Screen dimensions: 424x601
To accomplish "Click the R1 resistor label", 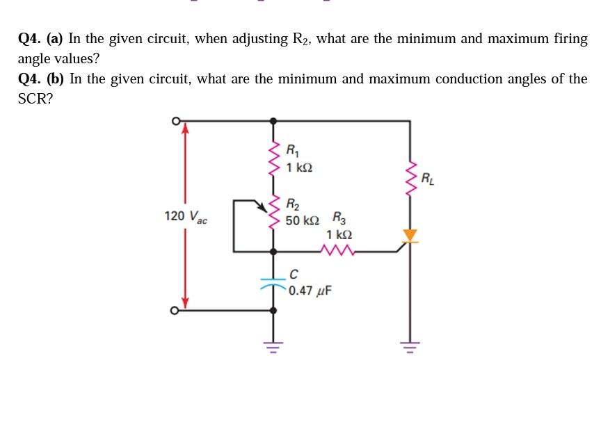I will pyautogui.click(x=294, y=149).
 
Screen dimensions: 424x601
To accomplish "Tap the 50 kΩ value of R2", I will pyautogui.click(x=303, y=220).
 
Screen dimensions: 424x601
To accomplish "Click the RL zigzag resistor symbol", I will pyautogui.click(x=410, y=179).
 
